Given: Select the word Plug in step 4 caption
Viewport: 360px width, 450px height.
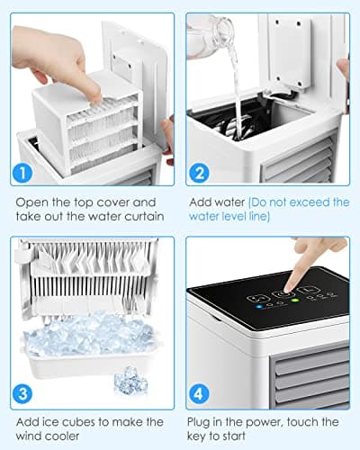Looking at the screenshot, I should tap(201, 421).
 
